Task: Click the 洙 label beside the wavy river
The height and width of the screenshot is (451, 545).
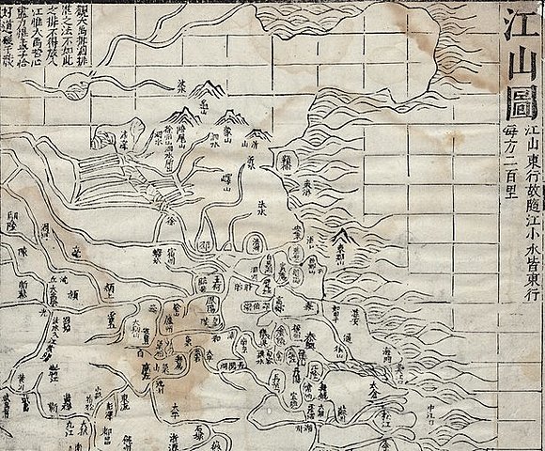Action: click(x=182, y=83)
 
